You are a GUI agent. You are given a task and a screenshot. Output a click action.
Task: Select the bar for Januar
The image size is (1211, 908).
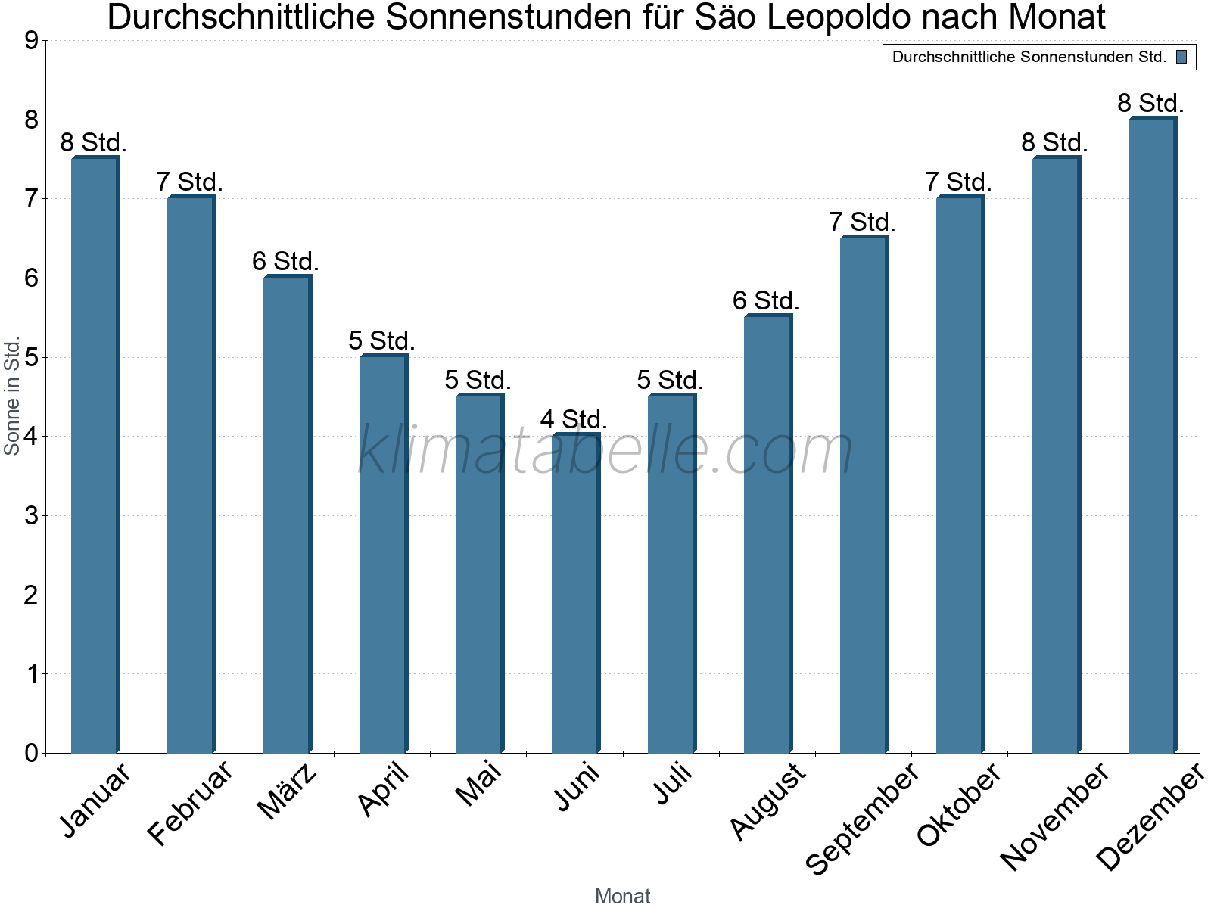click(95, 454)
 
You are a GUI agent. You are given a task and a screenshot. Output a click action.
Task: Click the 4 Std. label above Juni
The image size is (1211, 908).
click(574, 419)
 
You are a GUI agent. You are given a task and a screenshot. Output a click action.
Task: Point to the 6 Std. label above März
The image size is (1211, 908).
click(285, 262)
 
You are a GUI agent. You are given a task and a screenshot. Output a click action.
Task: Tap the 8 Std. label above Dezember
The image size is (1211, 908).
click(1150, 103)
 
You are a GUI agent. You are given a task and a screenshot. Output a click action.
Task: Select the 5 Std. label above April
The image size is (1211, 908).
click(381, 340)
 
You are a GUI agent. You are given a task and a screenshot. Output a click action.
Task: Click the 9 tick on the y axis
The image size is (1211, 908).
click(31, 41)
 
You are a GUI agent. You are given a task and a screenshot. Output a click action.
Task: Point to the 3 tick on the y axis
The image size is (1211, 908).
click(31, 516)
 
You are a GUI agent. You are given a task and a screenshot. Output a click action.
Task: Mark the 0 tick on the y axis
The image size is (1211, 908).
click(31, 753)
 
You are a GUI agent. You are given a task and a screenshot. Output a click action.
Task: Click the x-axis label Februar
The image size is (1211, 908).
click(190, 804)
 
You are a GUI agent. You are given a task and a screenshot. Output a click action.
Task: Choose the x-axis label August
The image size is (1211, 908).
click(767, 801)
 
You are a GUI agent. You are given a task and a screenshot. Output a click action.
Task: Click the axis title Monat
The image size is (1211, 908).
click(622, 896)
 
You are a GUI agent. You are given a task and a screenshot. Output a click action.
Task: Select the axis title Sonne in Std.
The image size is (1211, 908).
click(12, 396)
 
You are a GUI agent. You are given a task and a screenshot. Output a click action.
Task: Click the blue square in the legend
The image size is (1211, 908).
click(1181, 57)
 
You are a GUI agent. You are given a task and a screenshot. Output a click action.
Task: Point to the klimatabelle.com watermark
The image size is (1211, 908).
click(605, 450)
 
